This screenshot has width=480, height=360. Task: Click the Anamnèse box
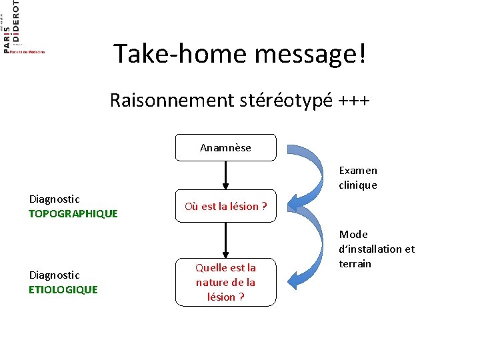tap(225, 148)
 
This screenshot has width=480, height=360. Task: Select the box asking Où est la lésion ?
tap(225, 206)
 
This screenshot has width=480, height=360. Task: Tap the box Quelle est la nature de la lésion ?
tap(225, 282)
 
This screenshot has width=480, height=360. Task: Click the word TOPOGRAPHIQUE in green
tap(73, 213)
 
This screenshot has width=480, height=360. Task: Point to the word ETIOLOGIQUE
tap(63, 289)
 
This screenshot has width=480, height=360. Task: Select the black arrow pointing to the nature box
tap(226, 240)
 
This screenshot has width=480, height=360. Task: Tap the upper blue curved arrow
tap(303, 173)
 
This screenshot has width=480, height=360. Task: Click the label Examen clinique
tap(358, 178)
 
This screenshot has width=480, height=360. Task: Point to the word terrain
tap(355, 263)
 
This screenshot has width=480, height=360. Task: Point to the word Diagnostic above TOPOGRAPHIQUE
tap(54, 199)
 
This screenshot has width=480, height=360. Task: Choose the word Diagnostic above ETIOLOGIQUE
tap(54, 275)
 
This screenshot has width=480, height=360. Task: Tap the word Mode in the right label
tap(353, 234)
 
